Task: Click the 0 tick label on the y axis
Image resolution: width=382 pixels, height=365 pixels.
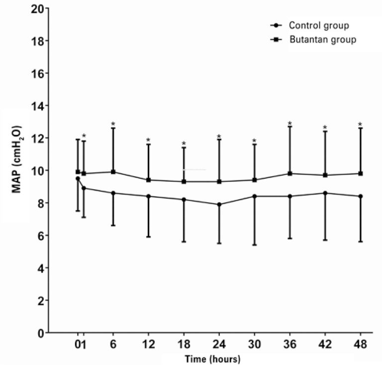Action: tap(40, 333)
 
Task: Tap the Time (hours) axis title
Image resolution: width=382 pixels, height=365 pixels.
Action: tap(213, 359)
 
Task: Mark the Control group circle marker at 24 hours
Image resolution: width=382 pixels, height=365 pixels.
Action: tap(219, 204)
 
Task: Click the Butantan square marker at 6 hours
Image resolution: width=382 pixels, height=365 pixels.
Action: tap(113, 172)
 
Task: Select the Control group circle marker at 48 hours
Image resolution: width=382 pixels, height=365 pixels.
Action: tap(360, 196)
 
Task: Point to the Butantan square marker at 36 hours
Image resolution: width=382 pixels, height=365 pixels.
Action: tap(289, 173)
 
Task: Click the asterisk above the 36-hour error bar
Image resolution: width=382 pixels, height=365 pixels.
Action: tap(289, 123)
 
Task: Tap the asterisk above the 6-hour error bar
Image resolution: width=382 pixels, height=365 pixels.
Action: tap(113, 124)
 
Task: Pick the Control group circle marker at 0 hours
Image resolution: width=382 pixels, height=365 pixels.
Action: tap(78, 178)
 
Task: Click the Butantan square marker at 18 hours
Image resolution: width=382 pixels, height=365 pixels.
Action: tap(184, 181)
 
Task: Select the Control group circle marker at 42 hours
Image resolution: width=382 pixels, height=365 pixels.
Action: tap(325, 193)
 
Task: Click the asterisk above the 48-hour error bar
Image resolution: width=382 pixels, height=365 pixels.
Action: tap(360, 124)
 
